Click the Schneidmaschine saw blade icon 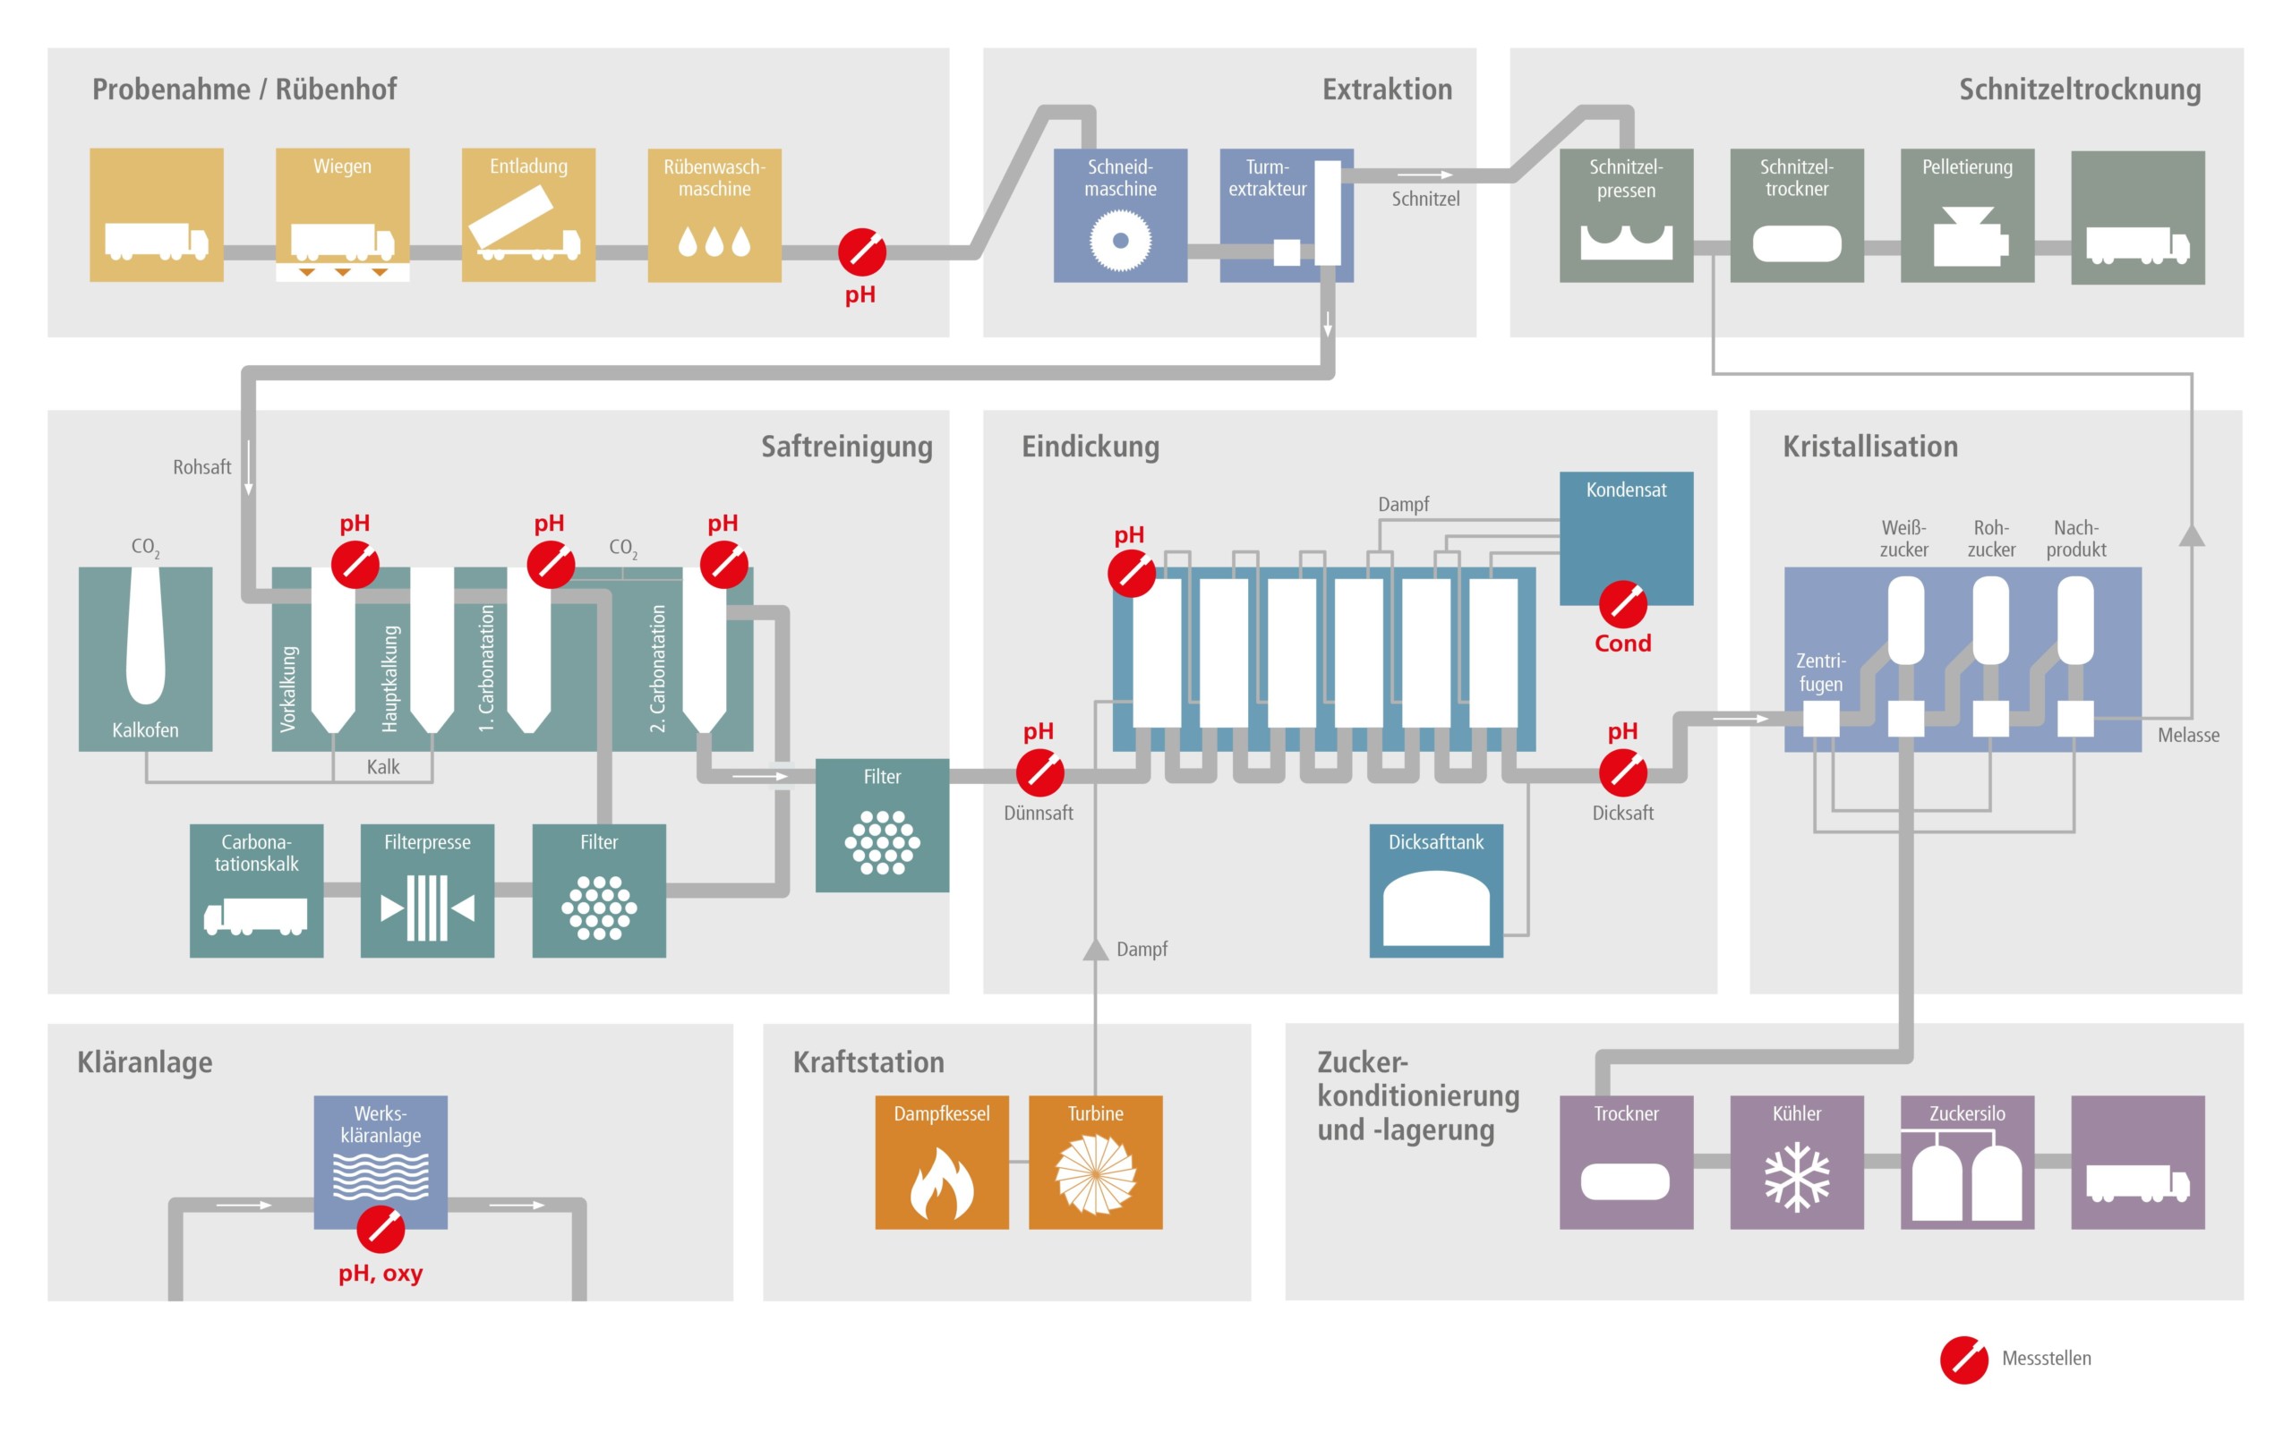(x=1119, y=241)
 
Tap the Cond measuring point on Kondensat (x=1622, y=604)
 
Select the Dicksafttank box (x=1436, y=891)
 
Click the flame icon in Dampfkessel (x=942, y=1184)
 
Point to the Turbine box (x=1095, y=1162)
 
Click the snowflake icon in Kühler (x=1797, y=1178)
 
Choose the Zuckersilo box (x=1967, y=1162)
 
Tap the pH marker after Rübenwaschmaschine (x=862, y=251)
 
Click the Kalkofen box (x=145, y=658)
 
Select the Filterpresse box (x=427, y=891)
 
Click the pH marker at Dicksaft (x=1622, y=772)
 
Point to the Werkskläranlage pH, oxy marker (x=381, y=1230)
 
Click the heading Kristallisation (x=1869, y=446)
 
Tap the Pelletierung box (x=1967, y=215)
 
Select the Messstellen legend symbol (x=1963, y=1360)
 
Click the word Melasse (x=2188, y=735)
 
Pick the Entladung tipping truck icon (x=526, y=226)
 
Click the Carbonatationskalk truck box (x=256, y=891)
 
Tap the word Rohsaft (x=201, y=467)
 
